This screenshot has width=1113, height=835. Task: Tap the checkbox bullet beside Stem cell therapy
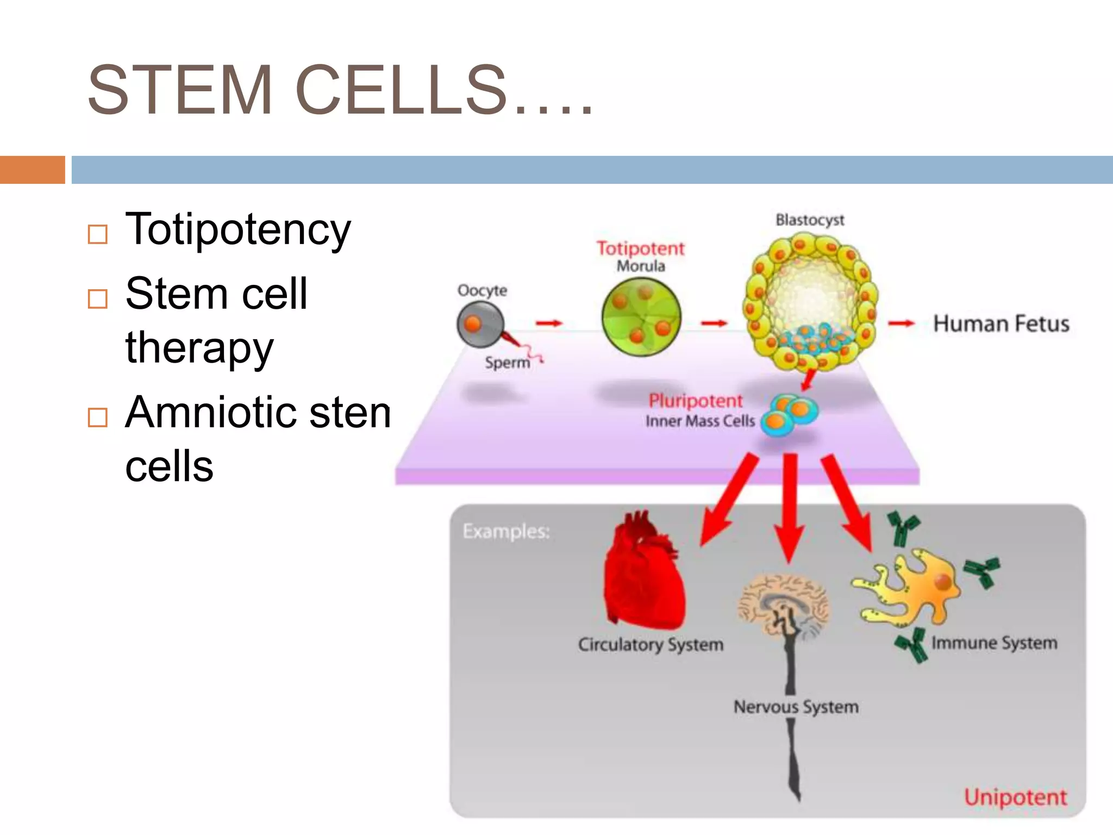[98, 298]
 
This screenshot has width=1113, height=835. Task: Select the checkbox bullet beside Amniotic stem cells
[98, 417]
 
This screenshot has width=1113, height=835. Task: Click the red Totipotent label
[640, 248]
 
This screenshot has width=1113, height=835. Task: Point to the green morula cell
[641, 317]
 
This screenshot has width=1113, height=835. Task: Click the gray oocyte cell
[479, 325]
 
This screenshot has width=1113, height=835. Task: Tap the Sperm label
[507, 363]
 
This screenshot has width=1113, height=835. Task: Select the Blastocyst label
[809, 220]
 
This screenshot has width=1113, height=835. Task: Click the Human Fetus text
[1001, 323]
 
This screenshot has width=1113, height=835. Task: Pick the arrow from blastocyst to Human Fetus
[901, 323]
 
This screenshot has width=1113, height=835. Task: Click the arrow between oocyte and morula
[548, 323]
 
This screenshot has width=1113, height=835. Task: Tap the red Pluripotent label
[695, 401]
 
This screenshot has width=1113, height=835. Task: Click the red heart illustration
[644, 576]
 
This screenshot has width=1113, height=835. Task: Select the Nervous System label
[796, 707]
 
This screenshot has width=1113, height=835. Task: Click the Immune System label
[994, 643]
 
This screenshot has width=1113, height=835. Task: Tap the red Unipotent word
[1015, 797]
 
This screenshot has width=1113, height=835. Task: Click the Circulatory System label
[651, 645]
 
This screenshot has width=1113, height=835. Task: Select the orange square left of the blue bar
[32, 170]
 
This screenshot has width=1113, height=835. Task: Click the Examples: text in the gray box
[506, 531]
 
